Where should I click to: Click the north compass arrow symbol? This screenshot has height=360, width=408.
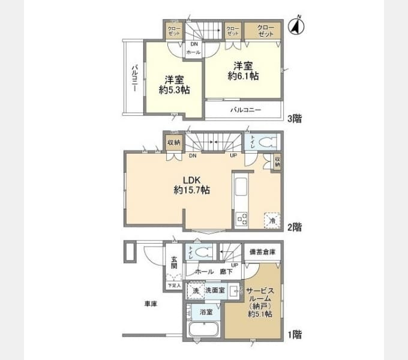(295, 26)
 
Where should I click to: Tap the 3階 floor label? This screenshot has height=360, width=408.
(294, 119)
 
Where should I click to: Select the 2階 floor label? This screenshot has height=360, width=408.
(294, 227)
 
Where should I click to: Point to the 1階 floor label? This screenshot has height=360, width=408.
(294, 335)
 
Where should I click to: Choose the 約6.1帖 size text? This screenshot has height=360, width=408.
(244, 76)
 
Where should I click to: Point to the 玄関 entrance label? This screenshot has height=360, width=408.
(173, 262)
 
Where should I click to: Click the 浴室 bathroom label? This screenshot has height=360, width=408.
(206, 312)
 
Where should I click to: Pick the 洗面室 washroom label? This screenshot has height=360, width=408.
(214, 290)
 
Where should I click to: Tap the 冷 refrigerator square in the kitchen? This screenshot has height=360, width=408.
(272, 221)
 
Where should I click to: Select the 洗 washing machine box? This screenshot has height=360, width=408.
(194, 290)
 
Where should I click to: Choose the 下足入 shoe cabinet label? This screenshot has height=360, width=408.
(173, 286)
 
